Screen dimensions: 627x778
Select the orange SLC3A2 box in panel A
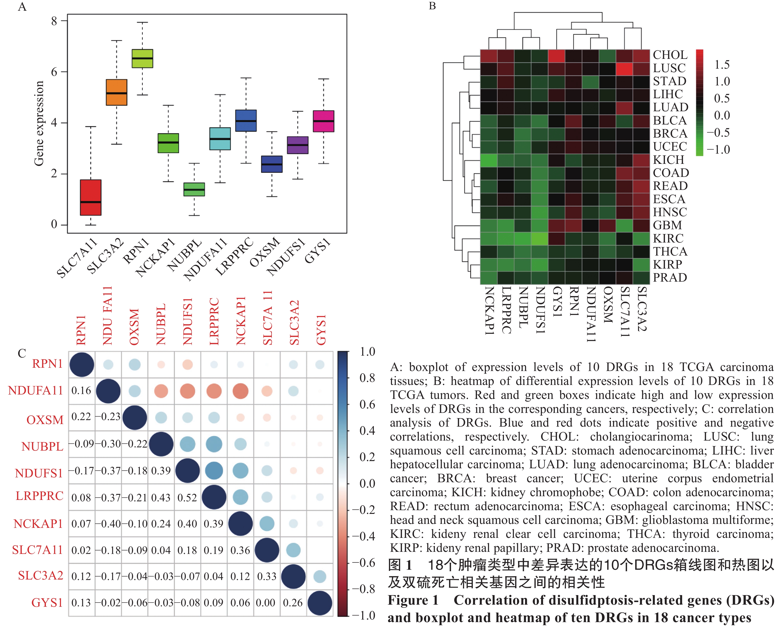[x=116, y=92]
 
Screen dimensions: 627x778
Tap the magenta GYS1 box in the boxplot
[x=323, y=121]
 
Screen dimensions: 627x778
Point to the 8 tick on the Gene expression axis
[x=54, y=21]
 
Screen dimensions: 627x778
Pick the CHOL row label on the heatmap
[x=670, y=55]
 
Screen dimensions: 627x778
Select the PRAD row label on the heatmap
[x=670, y=278]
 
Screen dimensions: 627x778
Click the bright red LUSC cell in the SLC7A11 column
[x=625, y=69]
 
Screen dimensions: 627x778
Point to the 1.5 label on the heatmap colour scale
[x=722, y=65]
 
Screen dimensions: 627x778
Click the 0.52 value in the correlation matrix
[x=187, y=498]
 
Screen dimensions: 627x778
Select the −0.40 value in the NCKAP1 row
[x=108, y=524]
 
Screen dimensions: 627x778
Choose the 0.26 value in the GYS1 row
[x=293, y=603]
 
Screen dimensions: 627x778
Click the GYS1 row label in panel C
[x=47, y=603]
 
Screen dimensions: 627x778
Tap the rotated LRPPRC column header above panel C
[x=214, y=321]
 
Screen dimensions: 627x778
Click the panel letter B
[x=432, y=6]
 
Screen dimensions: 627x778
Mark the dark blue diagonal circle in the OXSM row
[x=135, y=418]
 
